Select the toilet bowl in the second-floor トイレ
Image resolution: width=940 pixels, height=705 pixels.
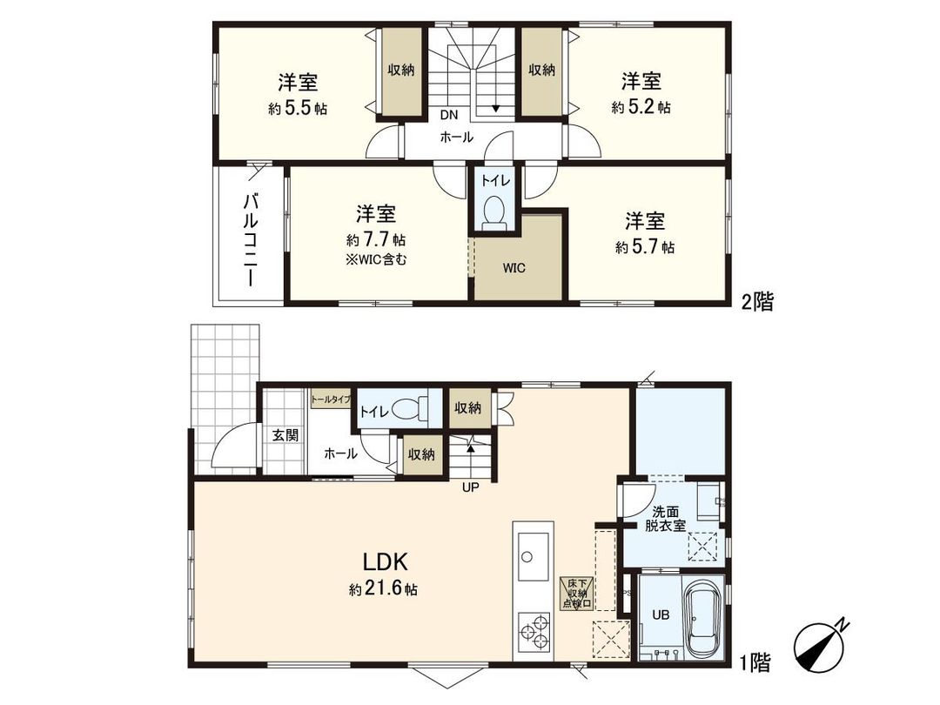(494, 211)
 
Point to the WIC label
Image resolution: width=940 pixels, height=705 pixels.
(514, 266)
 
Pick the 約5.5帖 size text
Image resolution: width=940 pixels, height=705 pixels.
(298, 109)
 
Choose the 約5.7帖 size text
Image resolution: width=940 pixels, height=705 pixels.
(644, 247)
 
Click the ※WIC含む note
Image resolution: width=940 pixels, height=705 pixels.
(376, 258)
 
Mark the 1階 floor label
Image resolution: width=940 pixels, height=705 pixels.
(755, 664)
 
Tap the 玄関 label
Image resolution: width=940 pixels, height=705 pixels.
(285, 434)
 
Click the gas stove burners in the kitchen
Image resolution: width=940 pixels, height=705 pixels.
(532, 631)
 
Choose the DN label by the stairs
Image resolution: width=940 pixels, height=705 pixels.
(448, 115)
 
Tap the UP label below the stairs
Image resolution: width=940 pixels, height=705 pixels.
(470, 487)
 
